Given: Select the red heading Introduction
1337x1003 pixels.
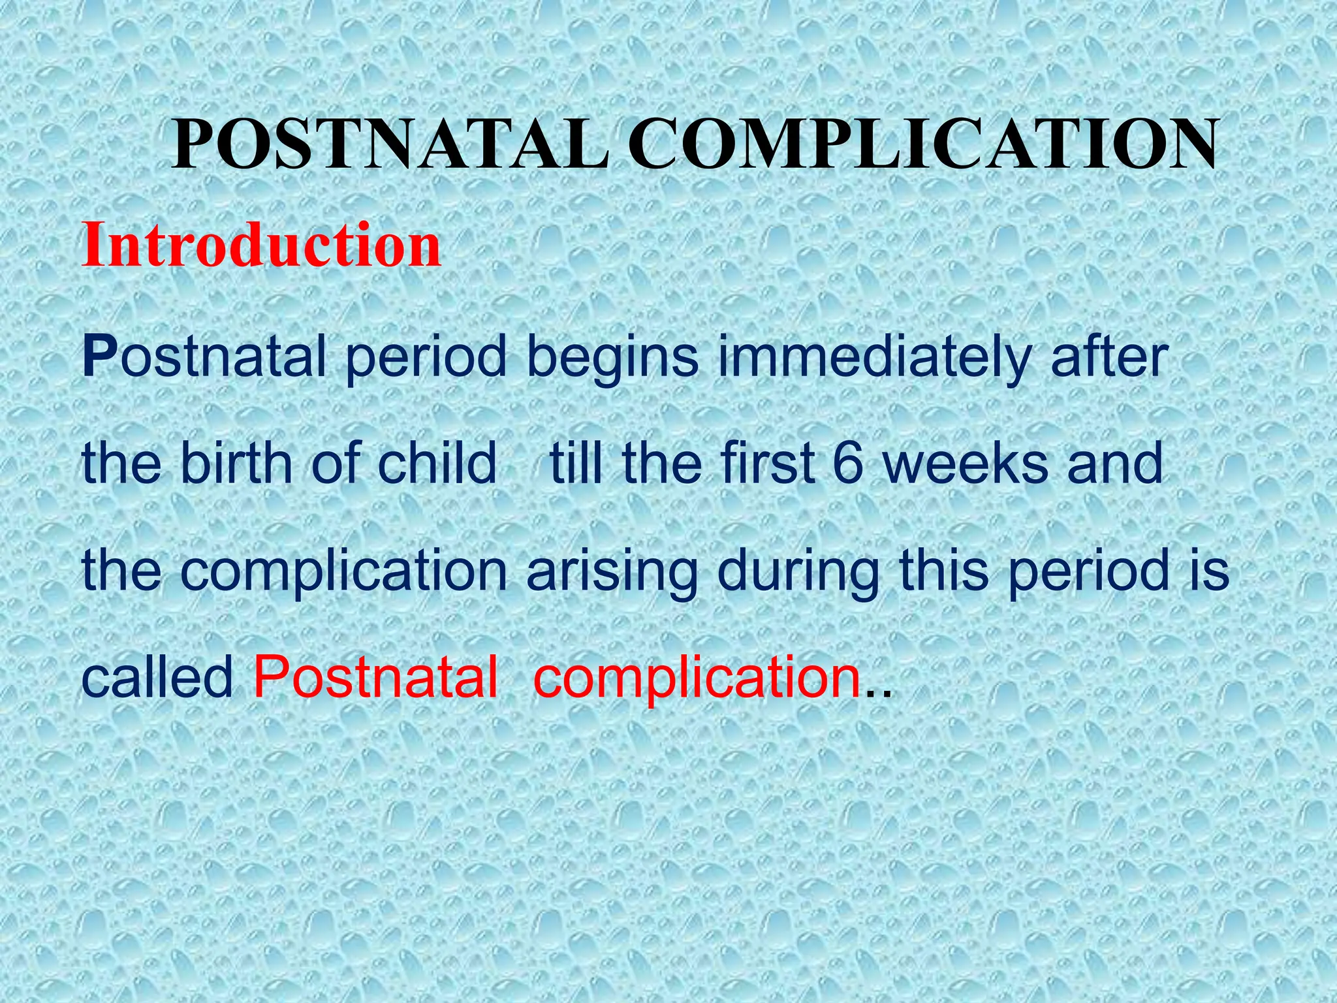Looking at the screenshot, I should (261, 246).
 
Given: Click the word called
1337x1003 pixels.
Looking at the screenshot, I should (157, 677).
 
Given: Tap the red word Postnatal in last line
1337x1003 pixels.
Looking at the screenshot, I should (375, 677).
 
